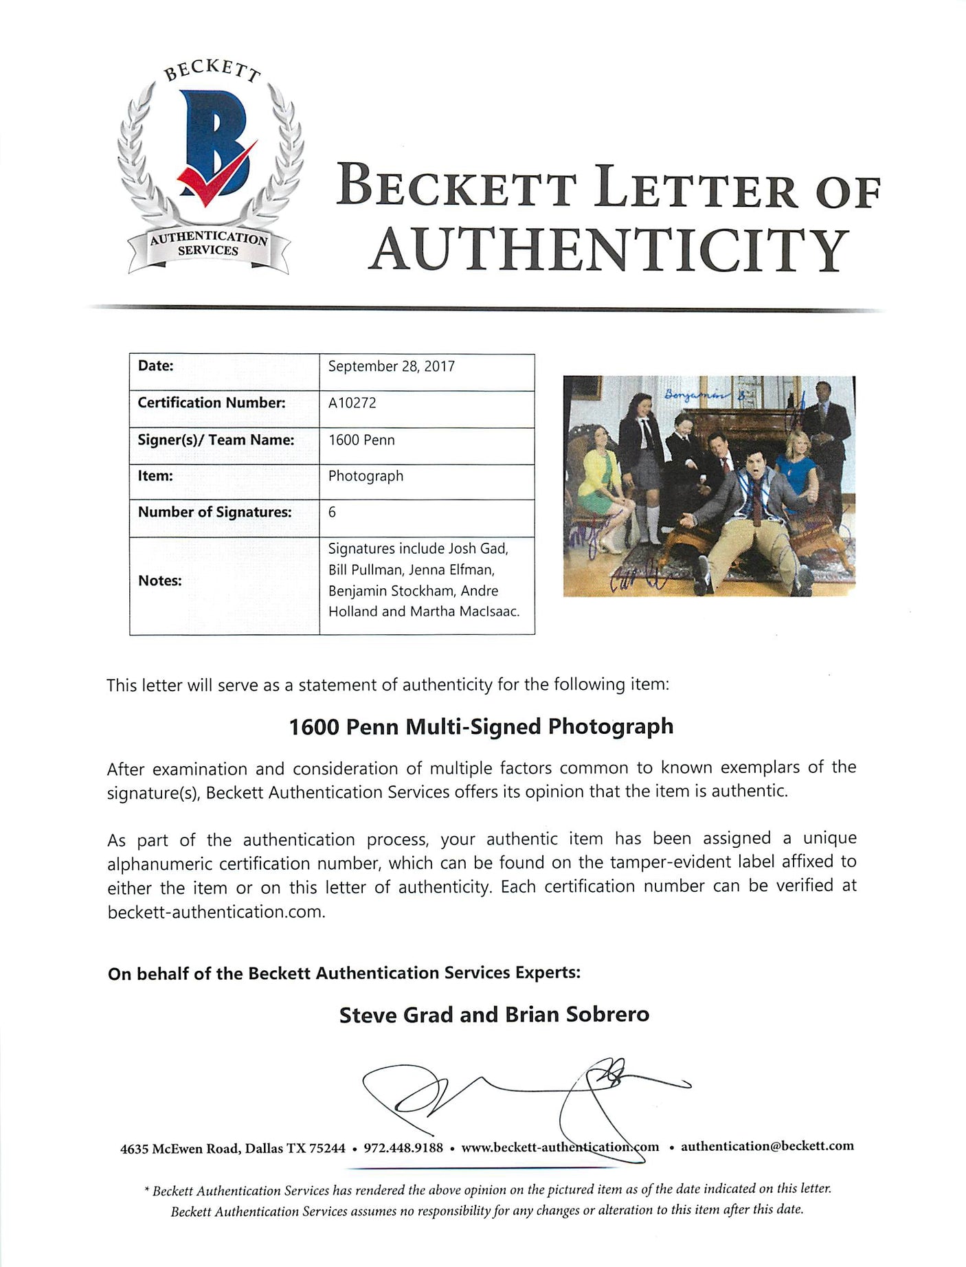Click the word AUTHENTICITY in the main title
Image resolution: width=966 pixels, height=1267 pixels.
[x=609, y=250]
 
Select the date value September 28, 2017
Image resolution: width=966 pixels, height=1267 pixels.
[x=391, y=366]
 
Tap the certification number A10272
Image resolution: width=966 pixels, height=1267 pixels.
[x=352, y=403]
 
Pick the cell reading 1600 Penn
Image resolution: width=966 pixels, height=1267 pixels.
[x=361, y=440]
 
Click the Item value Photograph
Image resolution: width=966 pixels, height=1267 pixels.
[x=366, y=476]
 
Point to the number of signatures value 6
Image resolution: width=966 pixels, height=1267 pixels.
[x=332, y=512]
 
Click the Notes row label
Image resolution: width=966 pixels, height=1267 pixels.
[x=159, y=581]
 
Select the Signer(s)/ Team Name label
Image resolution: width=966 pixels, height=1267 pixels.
[x=216, y=440]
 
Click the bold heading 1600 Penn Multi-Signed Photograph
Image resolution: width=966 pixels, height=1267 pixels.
[x=481, y=726]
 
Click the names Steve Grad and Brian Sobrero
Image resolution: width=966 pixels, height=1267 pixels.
[x=494, y=1014]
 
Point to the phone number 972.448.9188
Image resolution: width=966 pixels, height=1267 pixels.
[x=403, y=1147]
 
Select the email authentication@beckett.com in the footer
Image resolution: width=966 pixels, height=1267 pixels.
[x=767, y=1146]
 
